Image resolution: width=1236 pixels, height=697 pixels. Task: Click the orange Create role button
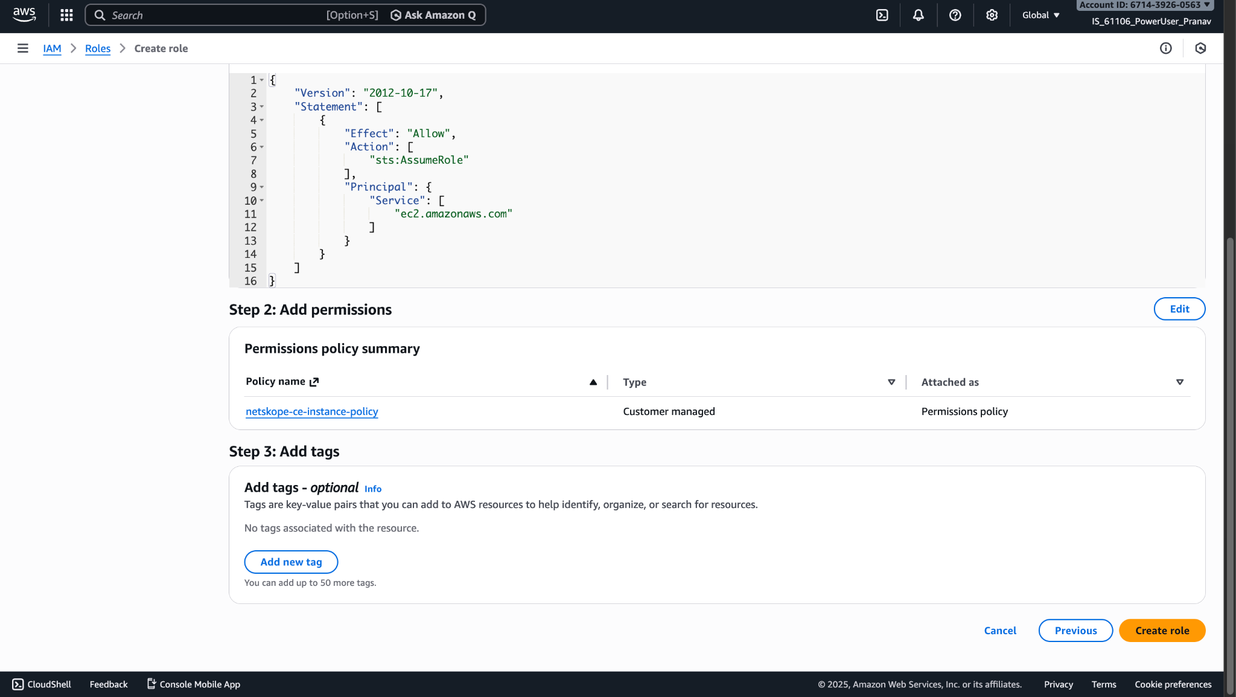pyautogui.click(x=1162, y=631)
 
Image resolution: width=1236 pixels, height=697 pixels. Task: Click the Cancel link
pyautogui.click(x=1000, y=631)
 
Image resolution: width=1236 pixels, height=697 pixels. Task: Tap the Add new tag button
pyautogui.click(x=291, y=562)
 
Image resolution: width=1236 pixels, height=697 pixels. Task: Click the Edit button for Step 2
pyautogui.click(x=1179, y=309)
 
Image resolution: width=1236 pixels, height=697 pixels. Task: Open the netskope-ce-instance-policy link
pyautogui.click(x=312, y=411)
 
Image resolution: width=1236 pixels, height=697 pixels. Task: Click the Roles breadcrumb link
pyautogui.click(x=98, y=48)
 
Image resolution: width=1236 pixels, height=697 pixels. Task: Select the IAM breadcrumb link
pyautogui.click(x=52, y=48)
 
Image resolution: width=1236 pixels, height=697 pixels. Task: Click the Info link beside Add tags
pyautogui.click(x=373, y=489)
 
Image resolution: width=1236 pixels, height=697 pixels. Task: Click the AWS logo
pyautogui.click(x=24, y=14)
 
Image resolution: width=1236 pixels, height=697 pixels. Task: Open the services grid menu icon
pyautogui.click(x=66, y=15)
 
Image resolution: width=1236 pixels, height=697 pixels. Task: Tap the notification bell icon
pyautogui.click(x=918, y=15)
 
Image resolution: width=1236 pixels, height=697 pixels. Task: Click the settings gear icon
pyautogui.click(x=992, y=15)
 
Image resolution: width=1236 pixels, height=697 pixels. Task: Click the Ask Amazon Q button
pyautogui.click(x=433, y=15)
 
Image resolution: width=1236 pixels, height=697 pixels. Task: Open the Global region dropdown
pyautogui.click(x=1040, y=15)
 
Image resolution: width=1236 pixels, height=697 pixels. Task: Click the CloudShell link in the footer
pyautogui.click(x=42, y=684)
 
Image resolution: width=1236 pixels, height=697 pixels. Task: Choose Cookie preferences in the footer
pyautogui.click(x=1173, y=684)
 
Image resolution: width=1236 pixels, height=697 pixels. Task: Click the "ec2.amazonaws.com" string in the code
pyautogui.click(x=453, y=214)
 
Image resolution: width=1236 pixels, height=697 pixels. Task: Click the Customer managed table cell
pyautogui.click(x=669, y=411)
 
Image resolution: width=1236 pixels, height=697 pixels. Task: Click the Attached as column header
pyautogui.click(x=950, y=382)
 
